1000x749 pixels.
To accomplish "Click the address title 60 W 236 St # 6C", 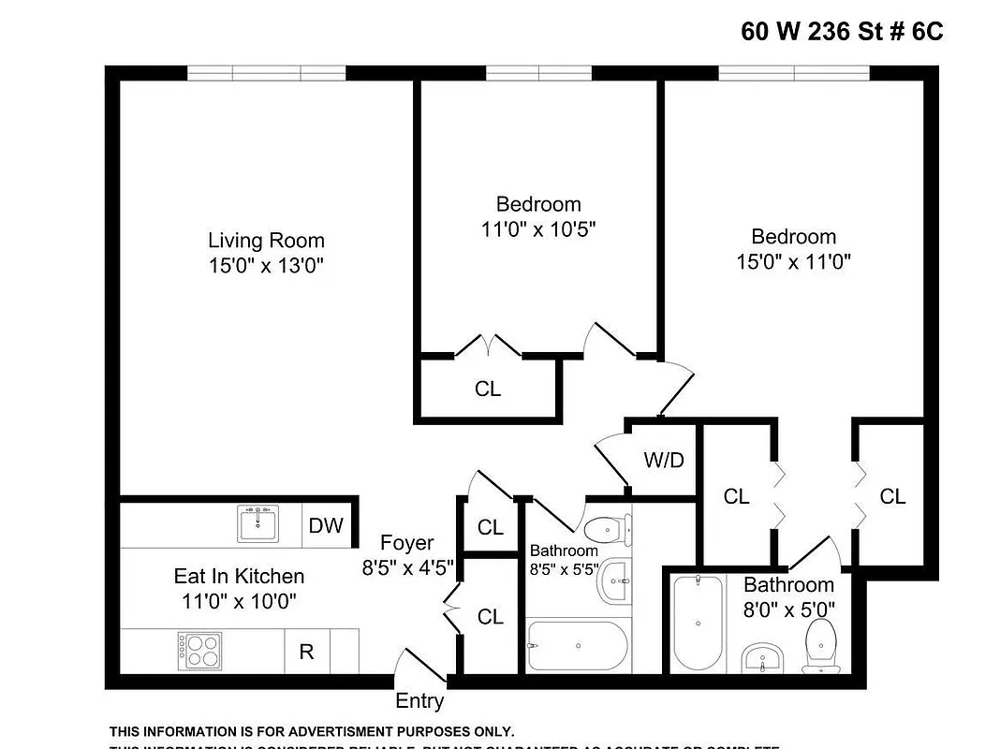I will (842, 32).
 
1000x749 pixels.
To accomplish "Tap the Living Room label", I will (266, 240).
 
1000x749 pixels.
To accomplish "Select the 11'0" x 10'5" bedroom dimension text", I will (537, 228).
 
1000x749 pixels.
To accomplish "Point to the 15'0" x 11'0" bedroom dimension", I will (793, 261).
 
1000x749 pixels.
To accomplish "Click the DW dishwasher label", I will (326, 526).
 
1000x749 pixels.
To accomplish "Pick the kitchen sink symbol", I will (257, 523).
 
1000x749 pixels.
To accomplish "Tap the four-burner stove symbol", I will (199, 650).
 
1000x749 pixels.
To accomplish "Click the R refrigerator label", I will (306, 652).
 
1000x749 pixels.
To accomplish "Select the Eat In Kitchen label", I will (239, 576).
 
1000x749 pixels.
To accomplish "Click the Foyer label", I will (407, 543).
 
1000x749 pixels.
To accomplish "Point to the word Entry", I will (419, 700).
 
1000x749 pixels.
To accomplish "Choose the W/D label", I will (664, 460).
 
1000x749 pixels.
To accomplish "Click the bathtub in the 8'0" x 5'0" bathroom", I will (698, 623).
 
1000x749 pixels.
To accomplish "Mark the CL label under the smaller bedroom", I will (488, 389).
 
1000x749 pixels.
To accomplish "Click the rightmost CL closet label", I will (892, 496).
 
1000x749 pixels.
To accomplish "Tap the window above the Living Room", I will (267, 73).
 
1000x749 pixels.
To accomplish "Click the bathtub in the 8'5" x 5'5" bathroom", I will (574, 646).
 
